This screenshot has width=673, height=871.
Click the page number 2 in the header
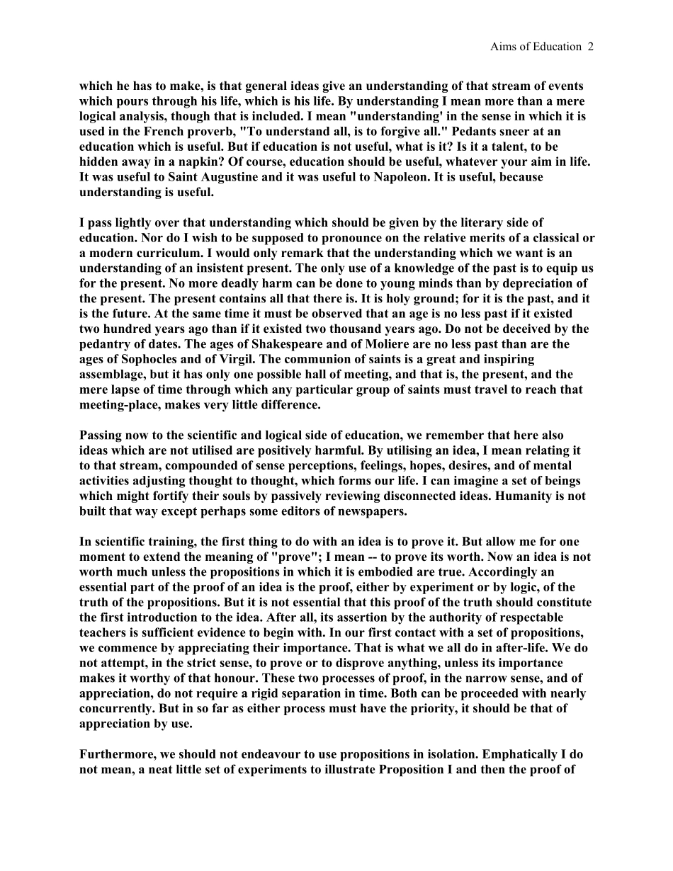590,47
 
